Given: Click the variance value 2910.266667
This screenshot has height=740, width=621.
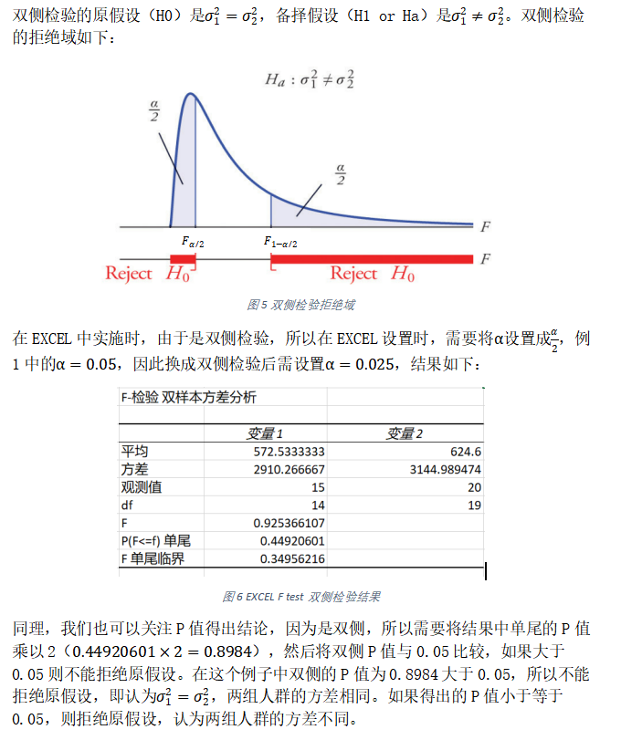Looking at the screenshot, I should point(289,469).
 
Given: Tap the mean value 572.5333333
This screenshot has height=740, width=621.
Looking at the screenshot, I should point(289,452).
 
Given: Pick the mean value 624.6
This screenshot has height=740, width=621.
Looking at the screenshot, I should point(465,452).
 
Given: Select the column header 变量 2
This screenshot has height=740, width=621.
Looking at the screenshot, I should point(405,433).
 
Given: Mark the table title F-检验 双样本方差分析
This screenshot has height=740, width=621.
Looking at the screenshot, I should point(188,398).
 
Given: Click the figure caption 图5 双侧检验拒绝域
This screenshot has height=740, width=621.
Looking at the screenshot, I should point(302,304).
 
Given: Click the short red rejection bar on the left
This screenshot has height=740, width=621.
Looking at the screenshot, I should point(183,259).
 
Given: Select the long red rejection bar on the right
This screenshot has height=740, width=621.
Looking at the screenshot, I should point(372,259).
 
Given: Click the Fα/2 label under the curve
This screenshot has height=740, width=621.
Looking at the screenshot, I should point(193,242).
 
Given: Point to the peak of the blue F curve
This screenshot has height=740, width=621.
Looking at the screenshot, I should point(190,94).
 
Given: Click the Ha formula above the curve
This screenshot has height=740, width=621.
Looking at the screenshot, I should point(310,79).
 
